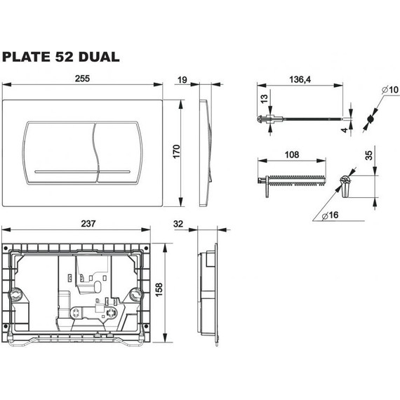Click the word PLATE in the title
tap(27, 57)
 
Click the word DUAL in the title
tap(99, 57)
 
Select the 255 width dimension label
tap(82, 79)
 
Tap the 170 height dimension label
tap(176, 152)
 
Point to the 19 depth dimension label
tap(182, 80)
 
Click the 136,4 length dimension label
tap(300, 79)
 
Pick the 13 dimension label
tap(265, 98)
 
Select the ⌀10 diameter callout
tap(390, 90)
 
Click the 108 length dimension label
tap(292, 154)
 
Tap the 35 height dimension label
tap(368, 155)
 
